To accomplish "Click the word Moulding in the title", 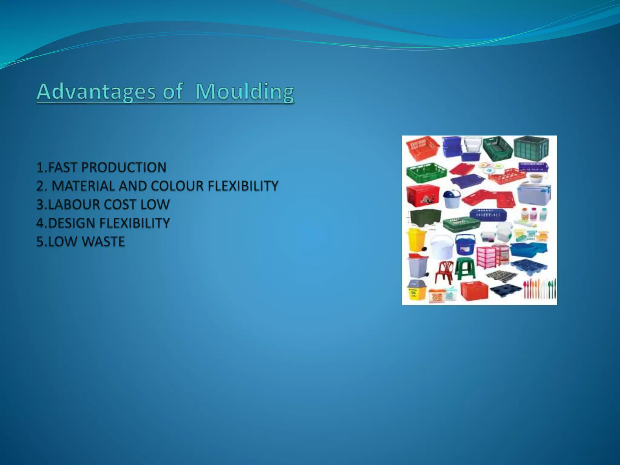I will click(x=245, y=91).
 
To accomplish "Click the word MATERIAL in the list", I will click(x=84, y=186).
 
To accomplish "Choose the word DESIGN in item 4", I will click(x=72, y=223).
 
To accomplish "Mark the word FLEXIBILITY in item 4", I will click(x=134, y=223).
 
